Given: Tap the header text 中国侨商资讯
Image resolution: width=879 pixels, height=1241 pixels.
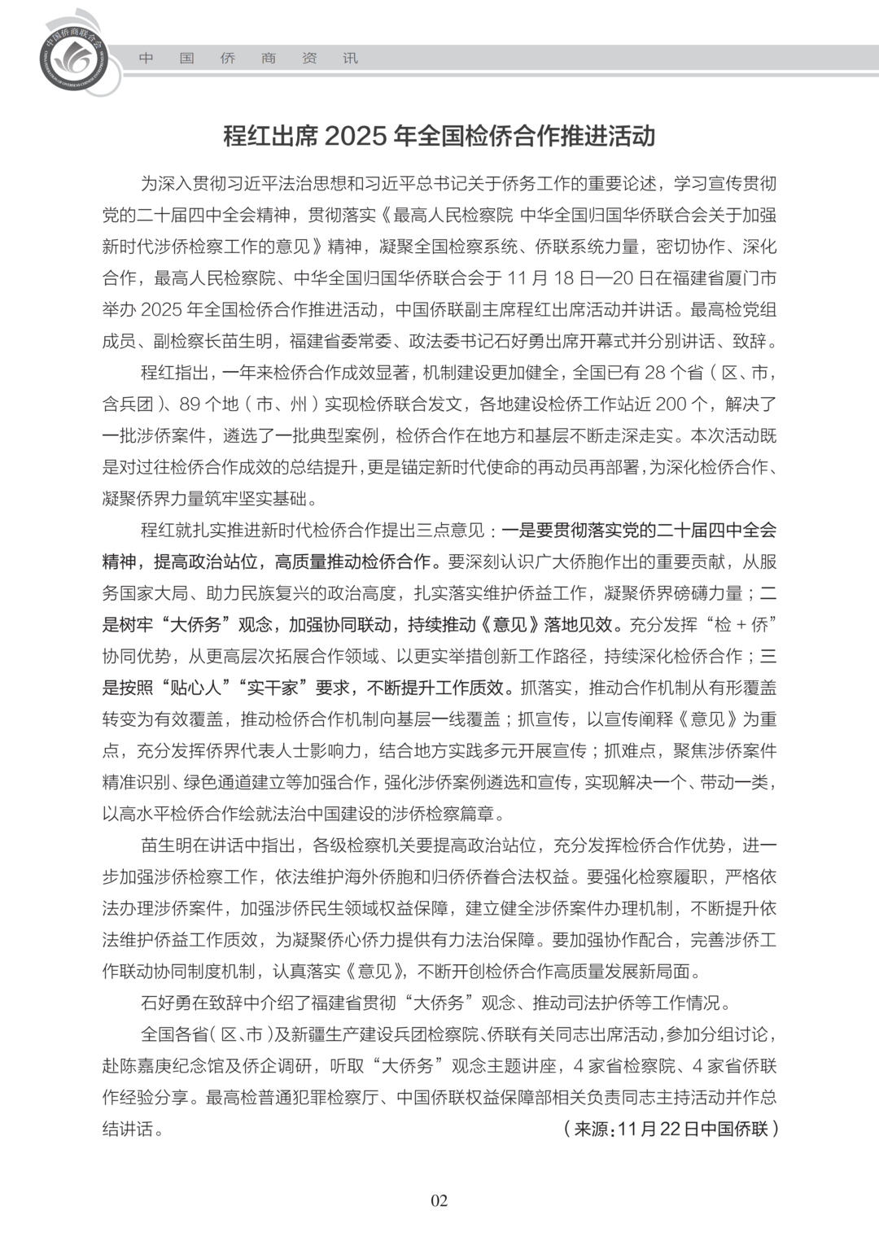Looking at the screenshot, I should coord(247,59).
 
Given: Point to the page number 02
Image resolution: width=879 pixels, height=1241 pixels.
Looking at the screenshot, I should coord(439,1200).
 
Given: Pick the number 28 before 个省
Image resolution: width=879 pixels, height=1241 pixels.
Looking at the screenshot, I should coord(655,373).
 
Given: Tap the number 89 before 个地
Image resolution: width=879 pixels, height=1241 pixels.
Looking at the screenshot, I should coord(190,404).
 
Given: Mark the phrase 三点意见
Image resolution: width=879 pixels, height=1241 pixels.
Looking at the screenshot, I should coord(456,531).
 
